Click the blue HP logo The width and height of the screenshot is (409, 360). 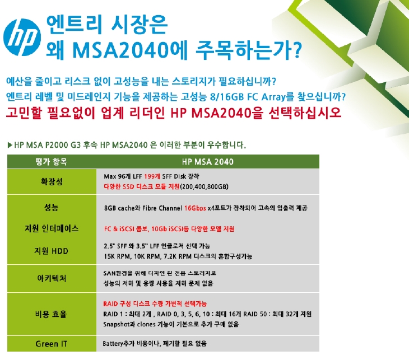(x=22, y=37)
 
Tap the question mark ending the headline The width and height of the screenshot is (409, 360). (x=296, y=50)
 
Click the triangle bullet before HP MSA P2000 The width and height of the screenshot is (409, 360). (x=10, y=145)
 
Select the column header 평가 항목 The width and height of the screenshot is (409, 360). (x=51, y=162)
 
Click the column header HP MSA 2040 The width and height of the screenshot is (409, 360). (x=208, y=162)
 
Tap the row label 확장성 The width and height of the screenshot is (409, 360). (x=52, y=181)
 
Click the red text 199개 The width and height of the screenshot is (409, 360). (x=152, y=176)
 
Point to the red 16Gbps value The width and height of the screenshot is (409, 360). (x=195, y=208)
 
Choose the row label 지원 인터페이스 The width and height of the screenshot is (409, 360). (x=52, y=228)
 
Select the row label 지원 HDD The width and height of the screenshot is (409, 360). (x=51, y=251)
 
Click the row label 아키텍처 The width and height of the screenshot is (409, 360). (x=52, y=279)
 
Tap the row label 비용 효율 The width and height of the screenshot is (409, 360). (x=51, y=314)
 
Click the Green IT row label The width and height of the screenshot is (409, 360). (x=52, y=344)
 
